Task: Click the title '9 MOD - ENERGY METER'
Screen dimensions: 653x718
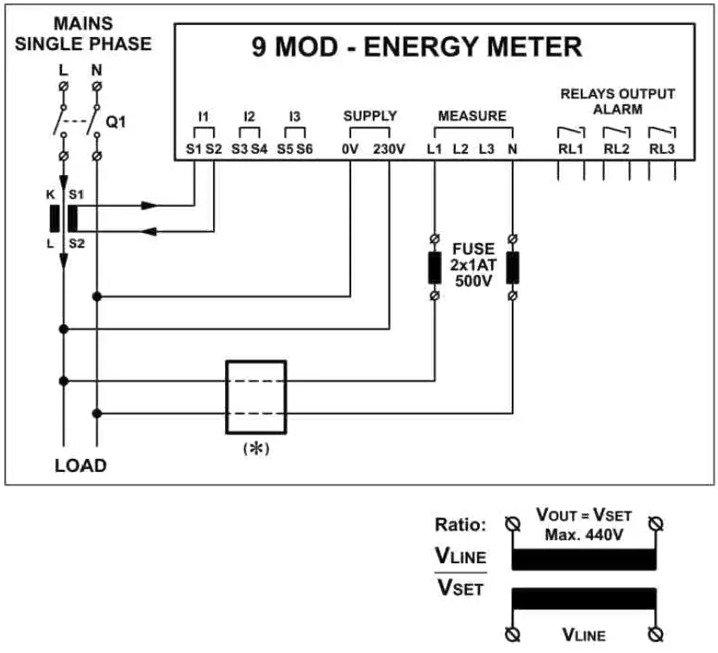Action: click(x=417, y=47)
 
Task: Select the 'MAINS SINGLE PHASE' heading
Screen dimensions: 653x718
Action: click(x=83, y=34)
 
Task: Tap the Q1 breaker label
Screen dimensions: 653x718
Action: click(x=116, y=122)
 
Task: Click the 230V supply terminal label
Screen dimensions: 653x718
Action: click(x=388, y=149)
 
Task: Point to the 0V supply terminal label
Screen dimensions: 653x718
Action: click(x=350, y=149)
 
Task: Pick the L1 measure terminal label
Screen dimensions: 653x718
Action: click(x=433, y=149)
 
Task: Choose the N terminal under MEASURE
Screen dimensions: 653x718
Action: click(x=513, y=149)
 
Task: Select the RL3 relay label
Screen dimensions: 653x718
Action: click(x=662, y=149)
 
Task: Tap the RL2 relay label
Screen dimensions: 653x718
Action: click(x=616, y=149)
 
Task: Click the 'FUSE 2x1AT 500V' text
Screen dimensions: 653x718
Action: click(x=473, y=265)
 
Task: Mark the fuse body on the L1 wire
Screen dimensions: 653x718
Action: click(x=433, y=267)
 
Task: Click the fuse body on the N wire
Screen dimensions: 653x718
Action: click(x=513, y=267)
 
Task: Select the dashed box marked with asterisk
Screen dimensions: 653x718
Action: click(x=255, y=397)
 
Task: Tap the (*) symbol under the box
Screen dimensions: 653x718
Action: click(x=255, y=448)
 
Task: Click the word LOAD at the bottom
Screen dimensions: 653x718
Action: click(x=80, y=466)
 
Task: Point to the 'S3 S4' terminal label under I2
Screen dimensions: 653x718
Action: click(x=249, y=149)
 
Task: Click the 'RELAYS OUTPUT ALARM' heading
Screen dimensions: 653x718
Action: click(x=617, y=101)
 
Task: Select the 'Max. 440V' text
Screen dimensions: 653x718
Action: click(x=583, y=536)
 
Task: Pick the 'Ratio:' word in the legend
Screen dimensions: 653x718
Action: click(x=461, y=524)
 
